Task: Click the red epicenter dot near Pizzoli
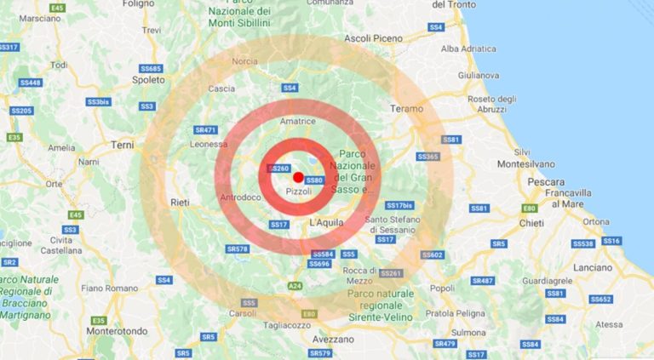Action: click(298, 176)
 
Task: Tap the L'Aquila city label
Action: click(324, 222)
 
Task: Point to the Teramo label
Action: click(406, 109)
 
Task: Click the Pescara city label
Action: click(546, 182)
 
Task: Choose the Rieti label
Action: click(180, 203)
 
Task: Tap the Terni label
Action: click(122, 145)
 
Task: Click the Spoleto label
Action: click(150, 79)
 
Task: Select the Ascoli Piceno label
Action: click(372, 38)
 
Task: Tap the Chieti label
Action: click(531, 223)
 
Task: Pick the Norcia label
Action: click(244, 61)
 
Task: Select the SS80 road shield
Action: click(314, 180)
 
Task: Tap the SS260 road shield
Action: click(280, 169)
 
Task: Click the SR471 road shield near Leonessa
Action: click(205, 130)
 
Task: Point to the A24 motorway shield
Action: click(294, 285)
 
